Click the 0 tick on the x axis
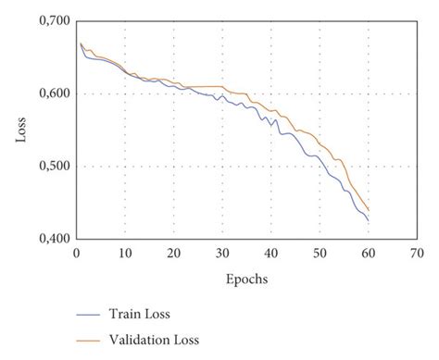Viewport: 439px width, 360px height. (x=77, y=253)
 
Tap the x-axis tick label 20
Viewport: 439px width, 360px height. (x=173, y=253)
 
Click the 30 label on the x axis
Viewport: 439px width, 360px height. (x=222, y=253)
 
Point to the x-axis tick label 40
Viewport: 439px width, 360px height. (x=271, y=253)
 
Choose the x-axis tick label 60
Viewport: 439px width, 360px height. (x=369, y=253)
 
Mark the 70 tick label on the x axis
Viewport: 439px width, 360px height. (x=418, y=253)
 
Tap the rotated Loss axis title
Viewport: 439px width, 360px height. (x=21, y=130)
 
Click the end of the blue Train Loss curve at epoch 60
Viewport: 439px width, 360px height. (x=369, y=220)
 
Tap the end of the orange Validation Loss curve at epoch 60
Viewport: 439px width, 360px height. (x=369, y=210)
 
